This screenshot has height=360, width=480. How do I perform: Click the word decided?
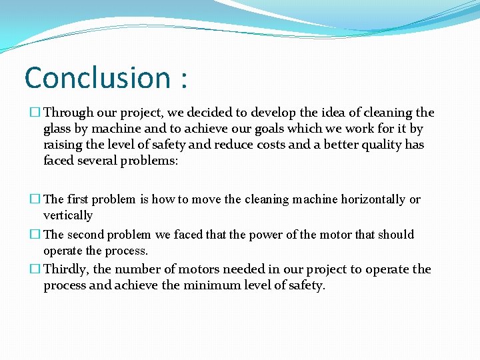208,113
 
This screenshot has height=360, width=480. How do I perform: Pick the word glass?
57,129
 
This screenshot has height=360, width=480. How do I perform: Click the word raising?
63,145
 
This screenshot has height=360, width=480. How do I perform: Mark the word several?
99,160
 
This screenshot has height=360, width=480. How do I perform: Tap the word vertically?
68,215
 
